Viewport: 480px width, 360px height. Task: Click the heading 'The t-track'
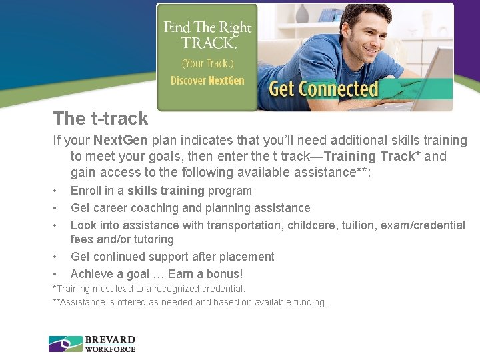[101, 119]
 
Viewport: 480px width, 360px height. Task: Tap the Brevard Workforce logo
[92, 343]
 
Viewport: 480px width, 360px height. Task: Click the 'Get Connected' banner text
[323, 89]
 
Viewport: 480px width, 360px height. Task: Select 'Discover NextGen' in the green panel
[207, 81]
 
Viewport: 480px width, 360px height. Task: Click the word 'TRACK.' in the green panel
[208, 43]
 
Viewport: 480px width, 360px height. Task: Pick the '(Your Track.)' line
[207, 64]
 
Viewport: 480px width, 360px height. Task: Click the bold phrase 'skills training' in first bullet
[166, 191]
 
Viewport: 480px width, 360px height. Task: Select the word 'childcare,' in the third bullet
[311, 225]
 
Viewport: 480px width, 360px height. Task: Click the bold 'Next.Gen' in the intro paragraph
[121, 141]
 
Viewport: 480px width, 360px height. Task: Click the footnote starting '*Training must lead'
[149, 289]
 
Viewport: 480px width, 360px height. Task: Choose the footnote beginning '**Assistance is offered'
[189, 303]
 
